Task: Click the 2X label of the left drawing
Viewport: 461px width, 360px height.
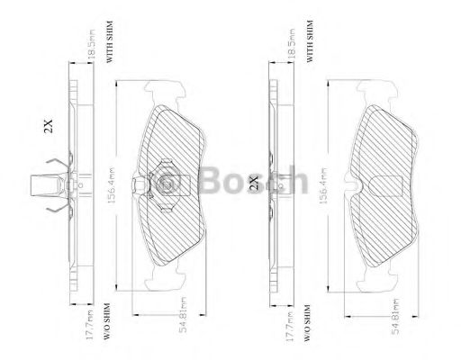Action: [50, 127]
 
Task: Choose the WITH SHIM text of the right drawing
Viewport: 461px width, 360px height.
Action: [310, 39]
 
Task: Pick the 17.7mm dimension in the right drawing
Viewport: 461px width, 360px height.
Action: [289, 319]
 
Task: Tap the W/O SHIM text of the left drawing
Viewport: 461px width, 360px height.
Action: [107, 322]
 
